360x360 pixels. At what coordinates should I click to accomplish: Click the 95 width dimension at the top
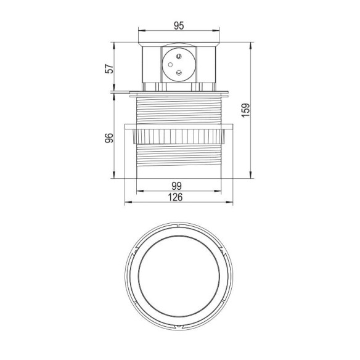pos(179,26)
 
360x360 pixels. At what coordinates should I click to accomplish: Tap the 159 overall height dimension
pos(245,109)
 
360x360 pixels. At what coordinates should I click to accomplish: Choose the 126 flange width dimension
pos(179,197)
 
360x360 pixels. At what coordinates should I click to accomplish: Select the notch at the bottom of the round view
pos(179,323)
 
